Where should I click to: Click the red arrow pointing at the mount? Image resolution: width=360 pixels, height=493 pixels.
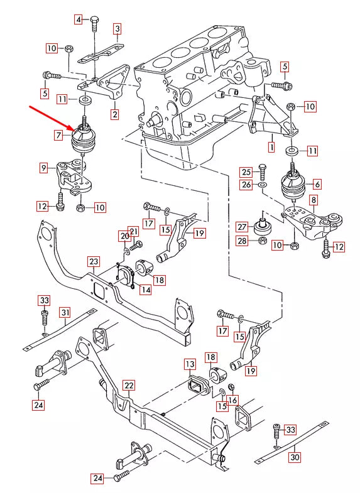point(53,117)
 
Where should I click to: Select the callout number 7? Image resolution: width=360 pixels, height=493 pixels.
point(58,135)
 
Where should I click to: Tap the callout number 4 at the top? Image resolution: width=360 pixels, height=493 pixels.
point(79,19)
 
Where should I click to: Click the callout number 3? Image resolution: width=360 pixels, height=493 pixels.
point(117,29)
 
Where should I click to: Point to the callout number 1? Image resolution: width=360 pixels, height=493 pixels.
point(271,148)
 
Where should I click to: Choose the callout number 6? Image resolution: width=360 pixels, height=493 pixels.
point(317,184)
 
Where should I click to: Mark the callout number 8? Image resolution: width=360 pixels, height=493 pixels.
point(313,200)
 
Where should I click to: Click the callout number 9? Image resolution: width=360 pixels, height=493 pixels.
point(43,168)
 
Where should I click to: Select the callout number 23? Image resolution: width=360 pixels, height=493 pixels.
point(93,261)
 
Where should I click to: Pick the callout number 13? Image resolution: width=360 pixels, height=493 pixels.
point(190,364)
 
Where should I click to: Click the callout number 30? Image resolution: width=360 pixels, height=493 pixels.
point(295,457)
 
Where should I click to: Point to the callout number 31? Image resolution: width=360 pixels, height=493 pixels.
point(65,312)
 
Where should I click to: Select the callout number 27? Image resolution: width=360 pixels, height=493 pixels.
point(242,227)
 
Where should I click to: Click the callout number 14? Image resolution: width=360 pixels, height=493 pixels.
point(145,290)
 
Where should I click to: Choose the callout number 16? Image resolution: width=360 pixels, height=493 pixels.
point(232,399)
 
